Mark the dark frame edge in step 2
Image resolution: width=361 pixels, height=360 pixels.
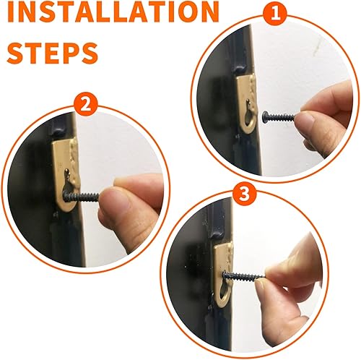(40, 188)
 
